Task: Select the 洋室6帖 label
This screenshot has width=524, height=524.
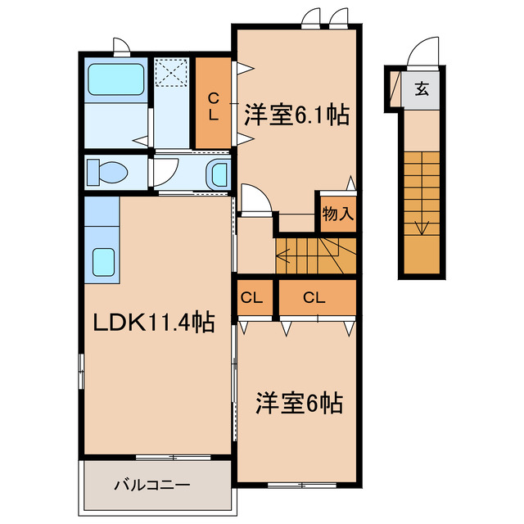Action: (x=298, y=403)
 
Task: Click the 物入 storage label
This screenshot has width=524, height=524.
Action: (x=337, y=215)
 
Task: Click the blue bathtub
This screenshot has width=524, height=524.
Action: (x=115, y=80)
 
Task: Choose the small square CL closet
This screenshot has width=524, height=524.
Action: (x=252, y=298)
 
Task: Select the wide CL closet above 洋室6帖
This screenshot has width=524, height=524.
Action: (x=314, y=298)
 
